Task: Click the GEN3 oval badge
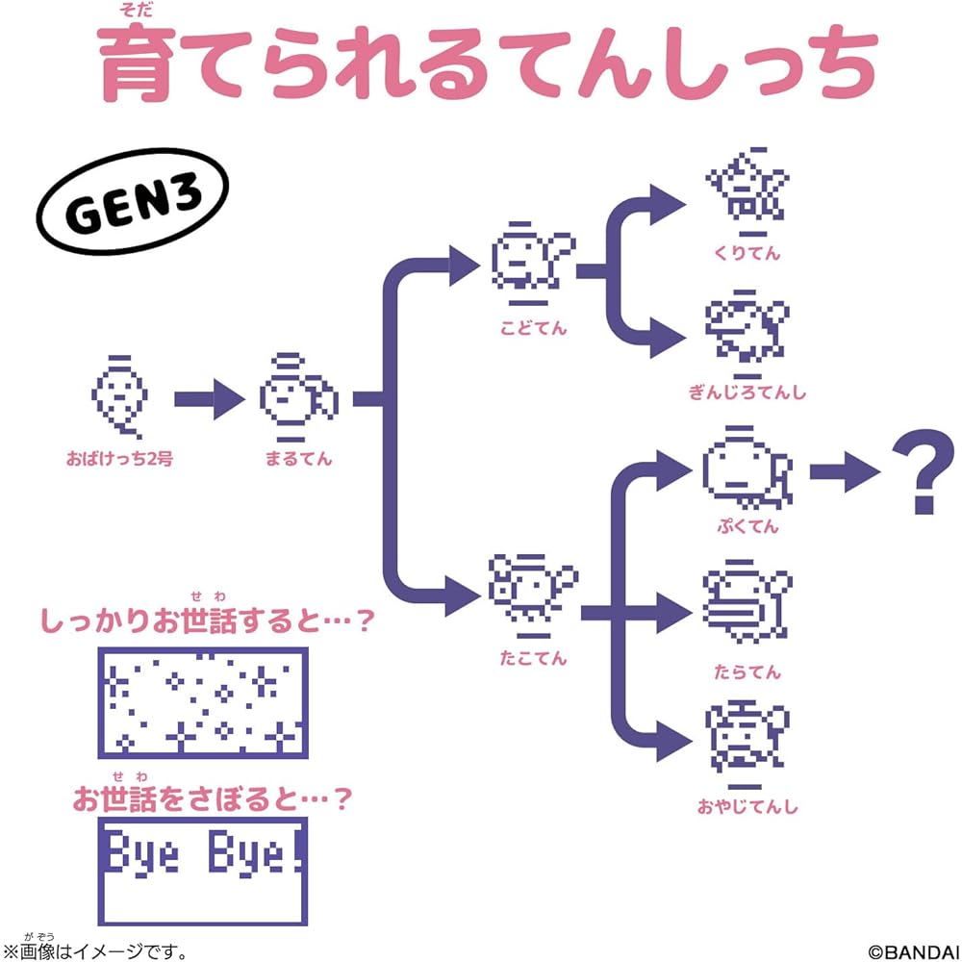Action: point(133,201)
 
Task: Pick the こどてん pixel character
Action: point(533,264)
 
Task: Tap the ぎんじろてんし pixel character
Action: point(747,335)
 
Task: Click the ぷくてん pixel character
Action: point(747,468)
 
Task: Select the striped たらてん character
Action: point(747,602)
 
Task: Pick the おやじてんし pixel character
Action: point(747,744)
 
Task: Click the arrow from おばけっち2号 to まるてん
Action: point(209,399)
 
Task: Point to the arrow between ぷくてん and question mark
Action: point(845,471)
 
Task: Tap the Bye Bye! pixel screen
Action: point(202,872)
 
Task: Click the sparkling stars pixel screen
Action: point(202,702)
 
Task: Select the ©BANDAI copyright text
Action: point(914,951)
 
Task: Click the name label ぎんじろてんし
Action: point(747,392)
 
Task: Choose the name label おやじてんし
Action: point(747,805)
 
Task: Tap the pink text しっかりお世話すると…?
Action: point(207,620)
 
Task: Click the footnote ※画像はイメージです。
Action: point(95,951)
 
